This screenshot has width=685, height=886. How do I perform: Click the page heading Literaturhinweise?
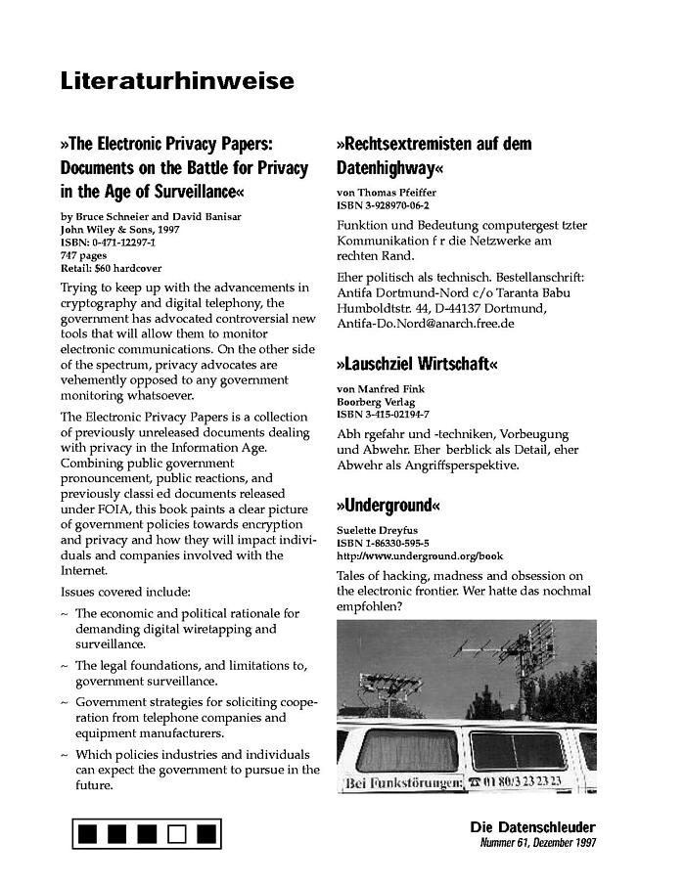click(176, 82)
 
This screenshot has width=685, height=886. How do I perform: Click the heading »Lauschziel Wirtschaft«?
click(417, 364)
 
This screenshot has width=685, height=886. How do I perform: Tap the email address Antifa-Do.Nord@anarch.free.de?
click(426, 323)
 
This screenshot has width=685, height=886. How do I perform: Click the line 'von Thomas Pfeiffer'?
click(387, 194)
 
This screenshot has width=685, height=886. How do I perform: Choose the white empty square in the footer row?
click(176, 834)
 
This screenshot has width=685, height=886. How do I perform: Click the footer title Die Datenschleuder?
click(532, 827)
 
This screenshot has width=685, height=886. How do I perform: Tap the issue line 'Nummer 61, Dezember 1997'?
click(536, 843)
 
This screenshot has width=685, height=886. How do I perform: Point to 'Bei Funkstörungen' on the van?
click(402, 783)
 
